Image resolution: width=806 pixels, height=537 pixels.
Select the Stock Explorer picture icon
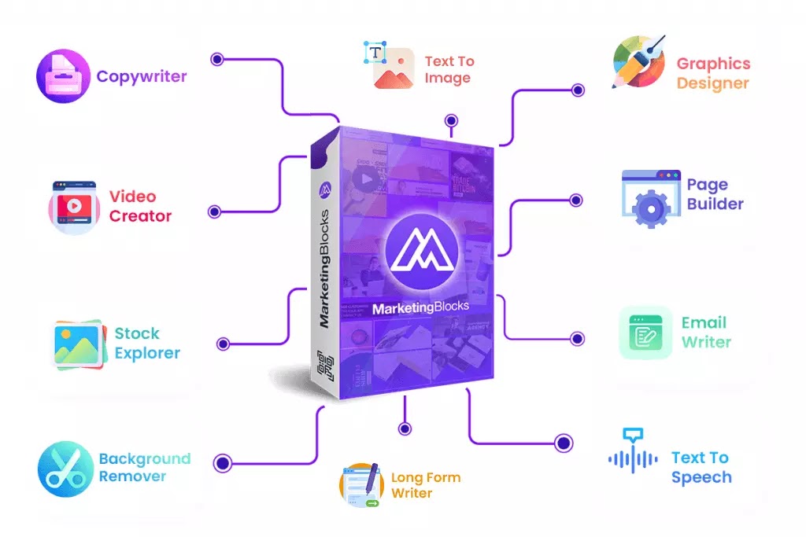tap(78, 344)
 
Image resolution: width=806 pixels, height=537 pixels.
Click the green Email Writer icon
tap(645, 333)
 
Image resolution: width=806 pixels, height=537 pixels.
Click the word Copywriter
tap(142, 76)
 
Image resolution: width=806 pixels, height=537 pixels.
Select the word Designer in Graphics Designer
tap(712, 83)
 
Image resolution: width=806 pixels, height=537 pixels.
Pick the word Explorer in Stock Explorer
tap(147, 353)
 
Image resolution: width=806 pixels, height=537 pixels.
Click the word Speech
tap(701, 477)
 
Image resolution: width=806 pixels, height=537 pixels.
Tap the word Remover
tap(132, 476)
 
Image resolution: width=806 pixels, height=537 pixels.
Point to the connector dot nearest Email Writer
tap(578, 339)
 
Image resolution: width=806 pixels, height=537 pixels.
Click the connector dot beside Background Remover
tap(223, 463)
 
